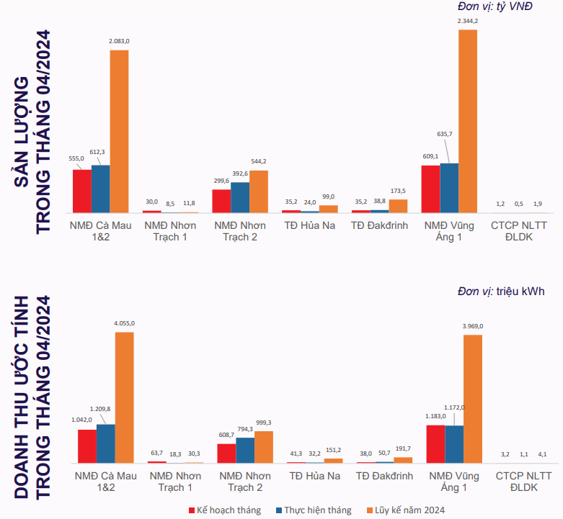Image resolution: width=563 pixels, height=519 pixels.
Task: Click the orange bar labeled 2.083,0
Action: click(x=119, y=131)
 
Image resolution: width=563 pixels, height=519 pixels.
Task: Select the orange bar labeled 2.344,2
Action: click(x=468, y=121)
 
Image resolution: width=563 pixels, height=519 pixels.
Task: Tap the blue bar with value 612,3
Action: click(x=100, y=189)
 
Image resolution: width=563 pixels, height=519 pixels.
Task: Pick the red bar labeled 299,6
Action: click(x=221, y=201)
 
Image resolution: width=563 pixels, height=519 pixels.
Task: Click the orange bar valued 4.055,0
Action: click(x=124, y=397)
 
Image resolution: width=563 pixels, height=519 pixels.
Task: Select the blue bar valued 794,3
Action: click(x=245, y=449)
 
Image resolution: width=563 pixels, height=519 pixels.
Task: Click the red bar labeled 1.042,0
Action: click(x=87, y=446)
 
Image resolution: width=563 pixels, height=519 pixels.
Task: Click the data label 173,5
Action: click(x=397, y=191)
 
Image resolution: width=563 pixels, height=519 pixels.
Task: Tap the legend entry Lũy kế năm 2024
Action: click(x=405, y=510)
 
